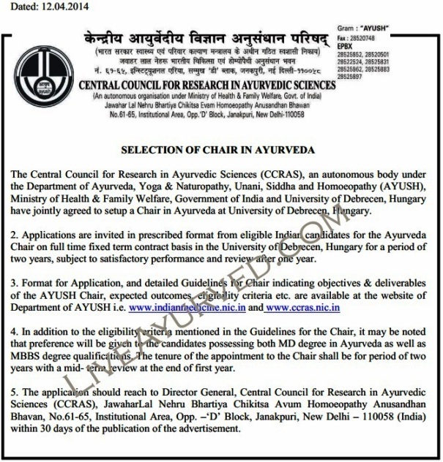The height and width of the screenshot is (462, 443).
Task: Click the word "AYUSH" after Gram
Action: [376, 28]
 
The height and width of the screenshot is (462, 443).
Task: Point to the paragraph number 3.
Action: [16, 282]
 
